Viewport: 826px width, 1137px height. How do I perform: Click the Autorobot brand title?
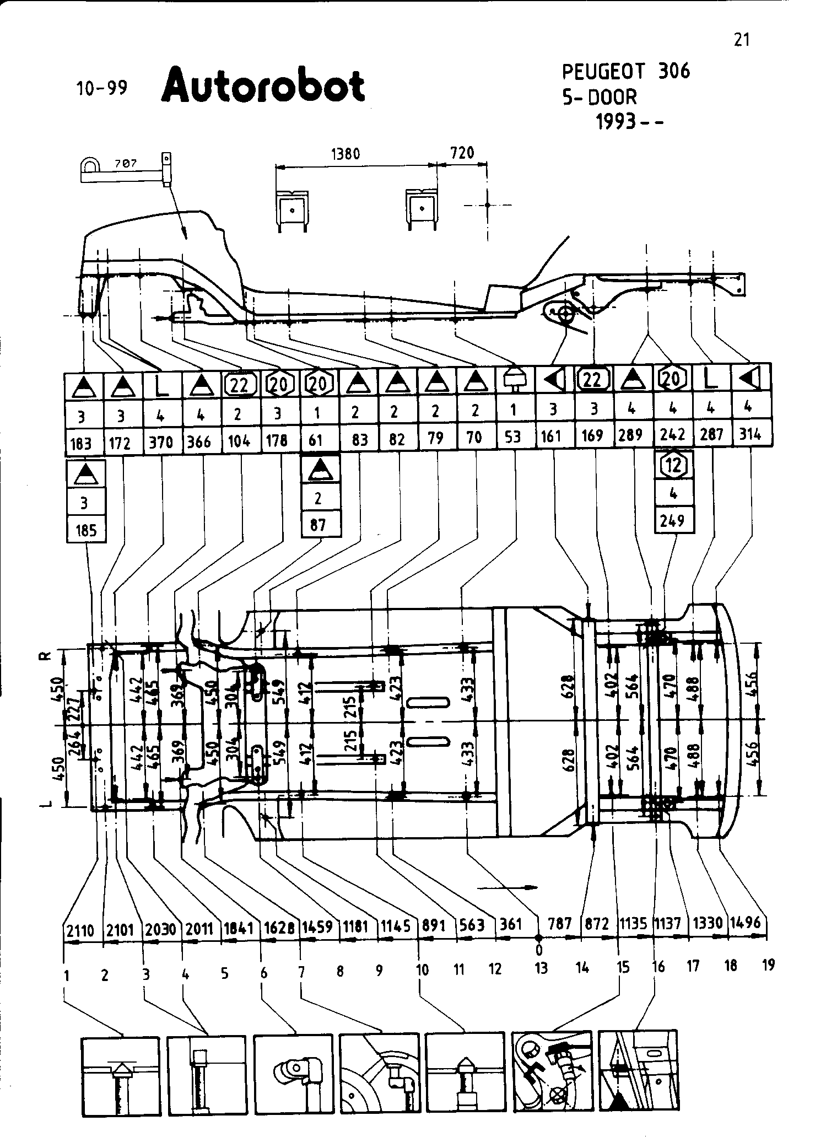263,85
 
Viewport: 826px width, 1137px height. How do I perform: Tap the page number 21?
742,40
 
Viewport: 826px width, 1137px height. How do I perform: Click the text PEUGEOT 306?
625,71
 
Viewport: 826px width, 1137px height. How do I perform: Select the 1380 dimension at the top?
345,154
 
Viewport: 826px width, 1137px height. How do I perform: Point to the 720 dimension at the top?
462,153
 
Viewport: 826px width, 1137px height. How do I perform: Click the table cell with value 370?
161,443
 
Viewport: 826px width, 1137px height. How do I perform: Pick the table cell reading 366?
200,443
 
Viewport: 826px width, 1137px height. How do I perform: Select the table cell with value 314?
750,434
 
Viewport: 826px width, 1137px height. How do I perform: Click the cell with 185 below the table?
85,531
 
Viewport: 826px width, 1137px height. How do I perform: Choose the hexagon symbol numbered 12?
674,466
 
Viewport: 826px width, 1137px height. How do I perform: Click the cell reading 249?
673,520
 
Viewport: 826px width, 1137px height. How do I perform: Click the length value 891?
433,925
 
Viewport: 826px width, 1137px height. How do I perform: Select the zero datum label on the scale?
539,950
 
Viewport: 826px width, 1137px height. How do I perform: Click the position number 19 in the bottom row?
769,964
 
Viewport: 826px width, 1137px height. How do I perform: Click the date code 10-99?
102,88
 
